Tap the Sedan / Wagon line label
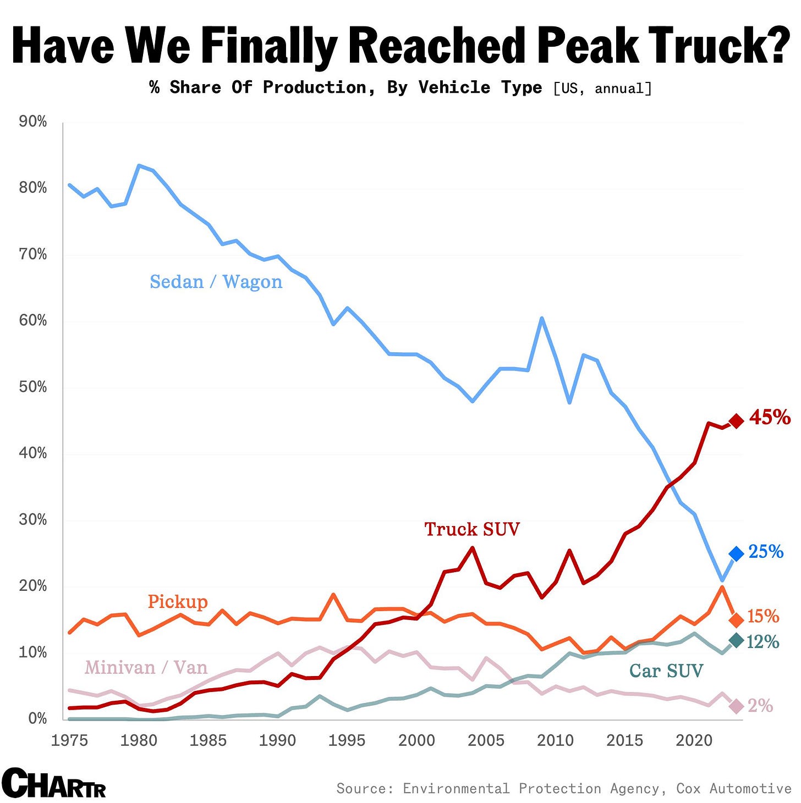click(216, 282)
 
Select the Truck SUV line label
click(471, 529)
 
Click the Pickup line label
click(178, 602)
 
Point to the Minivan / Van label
click(146, 668)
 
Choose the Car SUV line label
click(666, 671)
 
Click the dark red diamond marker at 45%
click(736, 420)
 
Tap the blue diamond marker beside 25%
click(736, 553)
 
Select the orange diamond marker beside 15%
click(736, 620)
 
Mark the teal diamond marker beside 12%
click(736, 640)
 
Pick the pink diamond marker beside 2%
click(736, 706)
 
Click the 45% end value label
click(770, 418)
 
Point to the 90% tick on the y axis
click(33, 121)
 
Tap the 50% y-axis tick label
click(33, 387)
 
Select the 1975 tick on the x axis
click(69, 740)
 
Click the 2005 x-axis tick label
click(486, 740)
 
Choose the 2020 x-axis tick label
click(694, 740)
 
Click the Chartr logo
click(53, 783)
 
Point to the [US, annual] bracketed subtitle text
click(602, 88)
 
